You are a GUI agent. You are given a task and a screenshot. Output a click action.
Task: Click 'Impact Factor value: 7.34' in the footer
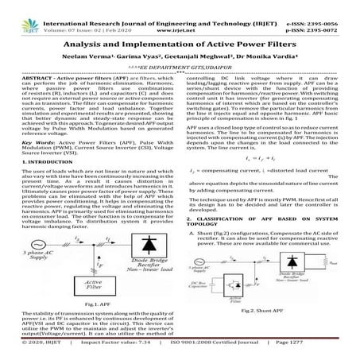point(99,352)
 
